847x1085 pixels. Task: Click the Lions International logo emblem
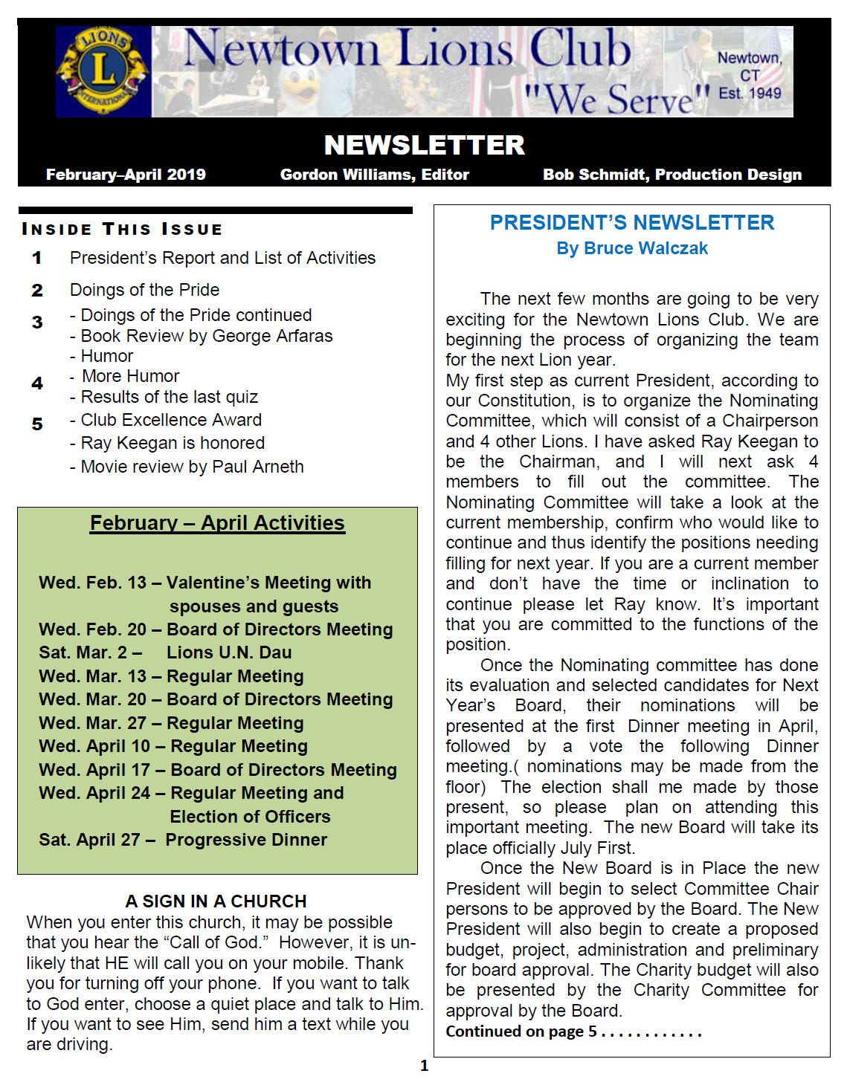pos(103,71)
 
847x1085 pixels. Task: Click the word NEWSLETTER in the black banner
pos(424,145)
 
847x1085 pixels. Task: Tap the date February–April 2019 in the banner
pos(126,175)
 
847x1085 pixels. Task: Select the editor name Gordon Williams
pos(374,175)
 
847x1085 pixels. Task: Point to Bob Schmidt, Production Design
pos(672,175)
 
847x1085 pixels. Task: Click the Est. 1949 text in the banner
pos(750,94)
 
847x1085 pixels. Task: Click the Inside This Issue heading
pos(122,229)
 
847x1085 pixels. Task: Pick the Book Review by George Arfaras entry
pos(206,336)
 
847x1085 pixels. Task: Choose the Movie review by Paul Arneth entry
pos(192,467)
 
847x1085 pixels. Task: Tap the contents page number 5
pos(37,424)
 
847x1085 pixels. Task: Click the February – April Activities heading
pos(217,523)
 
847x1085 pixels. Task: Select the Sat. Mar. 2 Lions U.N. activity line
pos(165,652)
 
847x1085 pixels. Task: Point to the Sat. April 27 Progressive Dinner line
pos(183,840)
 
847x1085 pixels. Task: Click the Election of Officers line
pos(250,817)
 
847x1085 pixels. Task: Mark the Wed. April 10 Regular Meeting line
pos(173,746)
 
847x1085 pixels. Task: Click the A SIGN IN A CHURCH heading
pos(216,901)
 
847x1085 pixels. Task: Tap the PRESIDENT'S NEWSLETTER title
pos(631,223)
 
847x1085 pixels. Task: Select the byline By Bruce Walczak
pos(631,248)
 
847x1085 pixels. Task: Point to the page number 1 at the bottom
pos(424,1066)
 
